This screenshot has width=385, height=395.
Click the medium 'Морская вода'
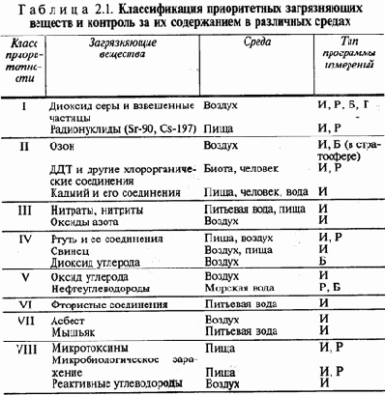point(241,287)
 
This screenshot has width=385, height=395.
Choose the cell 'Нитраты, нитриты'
point(90,209)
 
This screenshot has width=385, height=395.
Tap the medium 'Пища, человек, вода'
point(257,191)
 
